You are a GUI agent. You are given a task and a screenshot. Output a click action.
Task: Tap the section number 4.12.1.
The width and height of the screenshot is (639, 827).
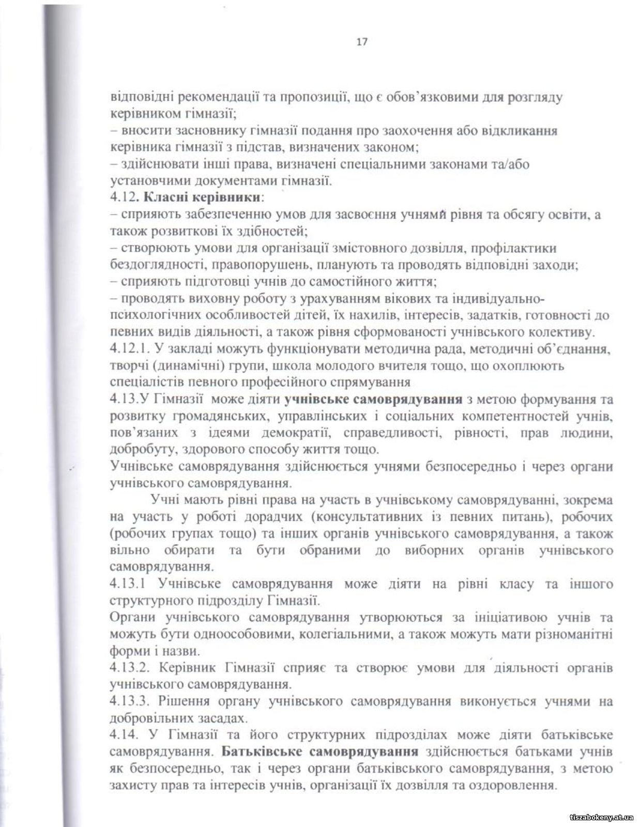click(129, 349)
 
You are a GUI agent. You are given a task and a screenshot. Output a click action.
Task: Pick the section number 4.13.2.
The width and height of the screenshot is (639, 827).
click(129, 668)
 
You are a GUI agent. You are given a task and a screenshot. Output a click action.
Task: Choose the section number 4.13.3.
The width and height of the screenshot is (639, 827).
click(129, 701)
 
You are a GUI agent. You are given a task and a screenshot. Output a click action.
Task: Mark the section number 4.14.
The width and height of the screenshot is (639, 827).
click(124, 734)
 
